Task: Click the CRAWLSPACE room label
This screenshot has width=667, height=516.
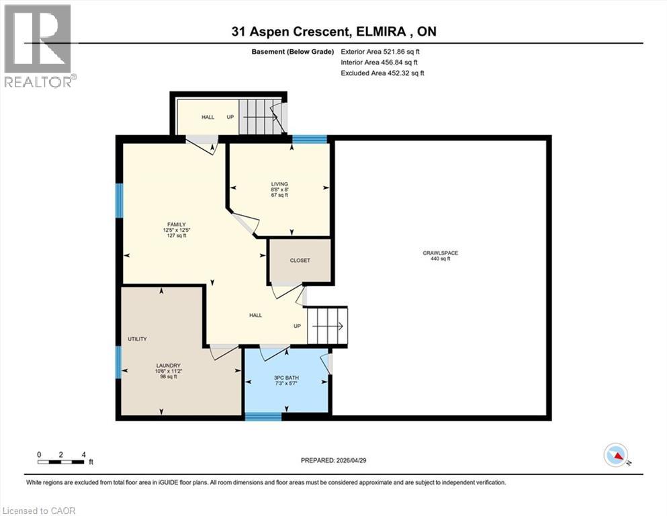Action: pos(440,253)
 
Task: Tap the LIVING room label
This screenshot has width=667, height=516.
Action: pos(279,184)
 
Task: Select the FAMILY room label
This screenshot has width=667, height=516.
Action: pos(177,224)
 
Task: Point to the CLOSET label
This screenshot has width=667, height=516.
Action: pos(300,260)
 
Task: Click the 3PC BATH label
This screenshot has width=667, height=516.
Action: pos(286,378)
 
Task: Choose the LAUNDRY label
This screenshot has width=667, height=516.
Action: pos(169,365)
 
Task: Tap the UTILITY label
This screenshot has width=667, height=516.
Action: pos(138,339)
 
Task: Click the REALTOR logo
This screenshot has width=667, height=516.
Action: pos(38,46)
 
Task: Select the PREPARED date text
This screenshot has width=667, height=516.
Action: pos(333,460)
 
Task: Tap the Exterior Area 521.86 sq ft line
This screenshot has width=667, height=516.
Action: pos(380,52)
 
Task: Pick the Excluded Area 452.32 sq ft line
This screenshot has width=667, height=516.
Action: pos(382,73)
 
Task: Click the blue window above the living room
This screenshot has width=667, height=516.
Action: pos(309,139)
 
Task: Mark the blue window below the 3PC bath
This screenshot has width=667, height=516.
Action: pos(263,417)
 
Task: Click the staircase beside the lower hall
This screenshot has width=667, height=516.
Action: pos(328,325)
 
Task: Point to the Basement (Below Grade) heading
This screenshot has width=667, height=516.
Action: pos(293,52)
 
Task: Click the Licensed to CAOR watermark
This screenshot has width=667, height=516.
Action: pos(39,511)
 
